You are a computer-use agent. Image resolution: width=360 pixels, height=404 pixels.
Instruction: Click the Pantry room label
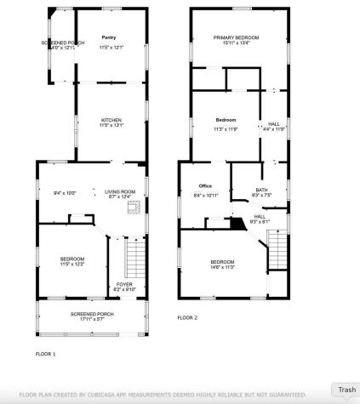point(109,37)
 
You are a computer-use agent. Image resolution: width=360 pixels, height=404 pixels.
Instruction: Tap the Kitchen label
point(111,120)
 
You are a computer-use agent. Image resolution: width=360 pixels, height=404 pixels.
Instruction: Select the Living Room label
point(120,191)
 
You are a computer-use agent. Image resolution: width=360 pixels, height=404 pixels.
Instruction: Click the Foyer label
point(124,284)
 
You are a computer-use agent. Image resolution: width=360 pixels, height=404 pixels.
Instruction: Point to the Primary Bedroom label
point(236,37)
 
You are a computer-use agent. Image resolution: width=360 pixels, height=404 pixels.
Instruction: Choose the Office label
point(205,185)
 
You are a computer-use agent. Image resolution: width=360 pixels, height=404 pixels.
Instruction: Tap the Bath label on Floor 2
point(261,189)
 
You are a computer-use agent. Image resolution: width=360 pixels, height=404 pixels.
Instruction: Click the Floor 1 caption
point(45,353)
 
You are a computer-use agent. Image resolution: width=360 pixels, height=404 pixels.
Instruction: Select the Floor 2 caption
point(187,317)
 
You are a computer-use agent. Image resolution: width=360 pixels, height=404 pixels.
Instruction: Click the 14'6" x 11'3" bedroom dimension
point(222,267)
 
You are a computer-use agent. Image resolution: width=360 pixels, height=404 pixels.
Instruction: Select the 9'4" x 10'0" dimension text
point(66,193)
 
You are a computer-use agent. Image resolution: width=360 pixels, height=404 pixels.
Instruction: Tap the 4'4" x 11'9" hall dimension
point(274,129)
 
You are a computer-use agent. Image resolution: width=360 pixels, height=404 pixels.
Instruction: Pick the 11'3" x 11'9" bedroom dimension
point(226,128)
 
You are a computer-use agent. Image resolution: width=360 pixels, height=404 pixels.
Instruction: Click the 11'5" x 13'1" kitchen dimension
point(111,126)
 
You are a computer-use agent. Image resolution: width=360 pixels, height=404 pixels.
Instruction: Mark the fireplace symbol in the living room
point(132,210)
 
